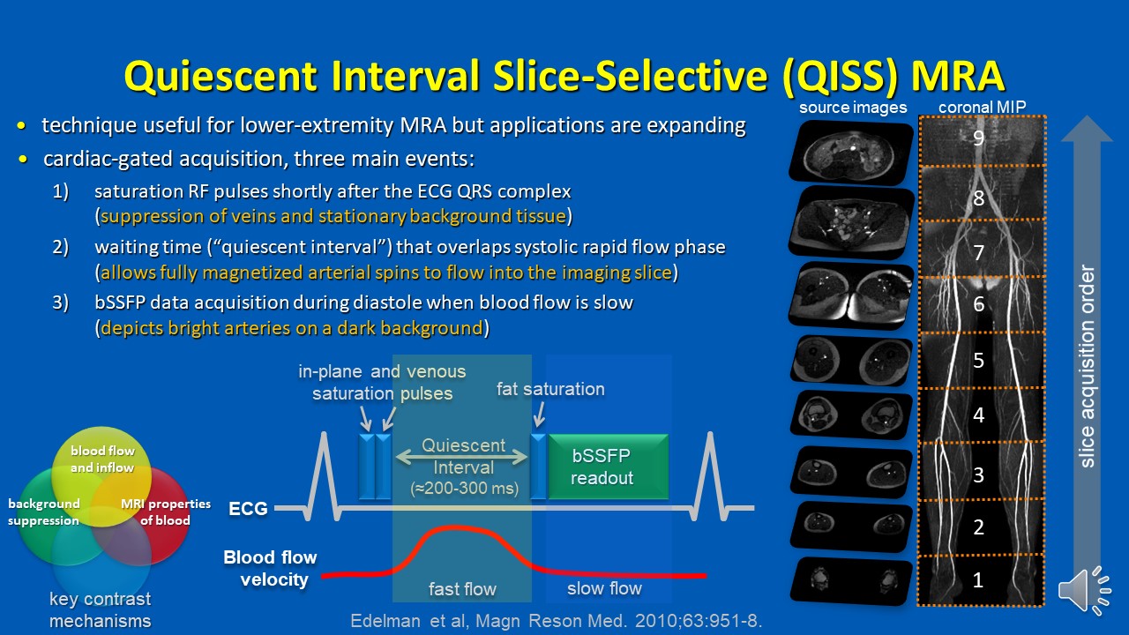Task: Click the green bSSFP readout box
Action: (x=609, y=467)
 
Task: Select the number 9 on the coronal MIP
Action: (x=978, y=138)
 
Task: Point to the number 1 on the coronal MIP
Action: (x=978, y=580)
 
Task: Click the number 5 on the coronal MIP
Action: (x=978, y=361)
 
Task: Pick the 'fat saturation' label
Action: (x=550, y=389)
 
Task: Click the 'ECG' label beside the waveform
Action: (x=248, y=509)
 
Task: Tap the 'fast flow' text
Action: (x=462, y=588)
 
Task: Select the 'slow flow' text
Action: (x=604, y=588)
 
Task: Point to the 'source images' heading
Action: (x=853, y=108)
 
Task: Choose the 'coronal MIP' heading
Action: (x=982, y=107)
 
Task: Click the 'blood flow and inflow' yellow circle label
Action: (x=102, y=459)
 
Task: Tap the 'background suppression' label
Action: (x=44, y=512)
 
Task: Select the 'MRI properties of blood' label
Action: (x=165, y=512)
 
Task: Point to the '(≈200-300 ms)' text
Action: (x=464, y=489)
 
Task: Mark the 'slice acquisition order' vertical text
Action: (x=1088, y=366)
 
